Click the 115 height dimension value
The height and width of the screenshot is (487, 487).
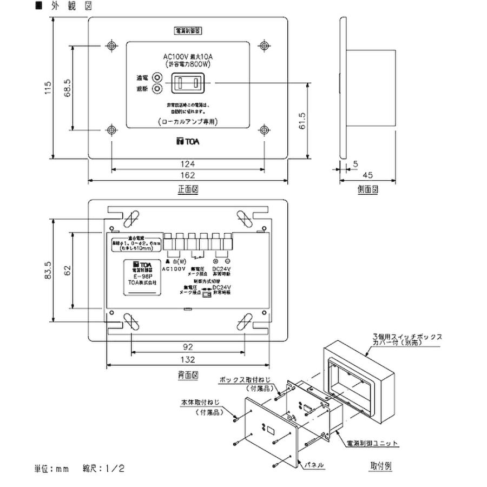coord(48,88)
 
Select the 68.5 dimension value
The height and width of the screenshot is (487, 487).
coord(68,87)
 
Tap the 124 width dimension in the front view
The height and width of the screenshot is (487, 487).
coord(188,163)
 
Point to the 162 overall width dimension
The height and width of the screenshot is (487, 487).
coord(188,175)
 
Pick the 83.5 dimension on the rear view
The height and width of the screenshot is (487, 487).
coord(48,269)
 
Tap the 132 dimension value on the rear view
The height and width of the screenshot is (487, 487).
coord(188,360)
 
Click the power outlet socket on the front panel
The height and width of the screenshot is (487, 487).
coord(187,83)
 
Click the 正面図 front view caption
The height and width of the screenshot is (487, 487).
coord(188,190)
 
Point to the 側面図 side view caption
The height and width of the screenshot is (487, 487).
coord(367,190)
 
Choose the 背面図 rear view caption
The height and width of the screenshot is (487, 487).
coord(188,374)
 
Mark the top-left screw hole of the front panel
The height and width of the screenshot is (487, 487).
coord(111,45)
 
